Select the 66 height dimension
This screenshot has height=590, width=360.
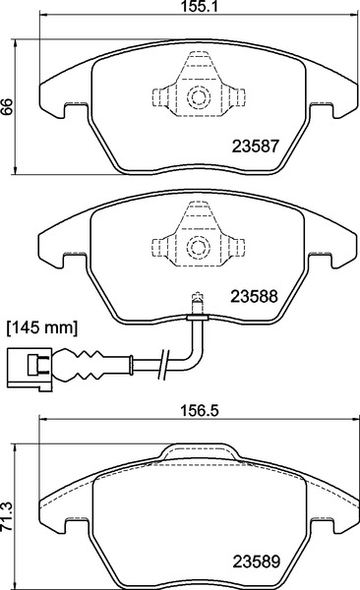click(9, 110)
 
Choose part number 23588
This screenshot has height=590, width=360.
click(256, 293)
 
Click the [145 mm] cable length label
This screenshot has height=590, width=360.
click(42, 326)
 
